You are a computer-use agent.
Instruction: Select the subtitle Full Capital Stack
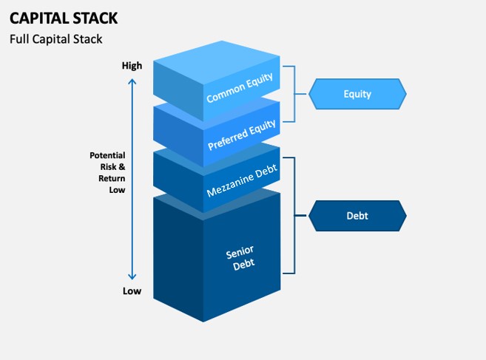click(55, 39)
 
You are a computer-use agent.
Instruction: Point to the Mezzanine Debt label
click(242, 181)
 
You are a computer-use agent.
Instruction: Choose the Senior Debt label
click(240, 258)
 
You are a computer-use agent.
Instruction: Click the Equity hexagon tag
click(357, 94)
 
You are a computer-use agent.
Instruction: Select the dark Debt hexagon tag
click(357, 216)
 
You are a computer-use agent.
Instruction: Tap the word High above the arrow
click(132, 66)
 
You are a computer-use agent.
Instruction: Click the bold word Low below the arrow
click(132, 291)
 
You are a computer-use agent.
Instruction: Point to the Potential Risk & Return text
click(107, 172)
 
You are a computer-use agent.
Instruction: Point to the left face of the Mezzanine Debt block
click(178, 174)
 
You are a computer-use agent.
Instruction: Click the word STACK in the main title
click(89, 18)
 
